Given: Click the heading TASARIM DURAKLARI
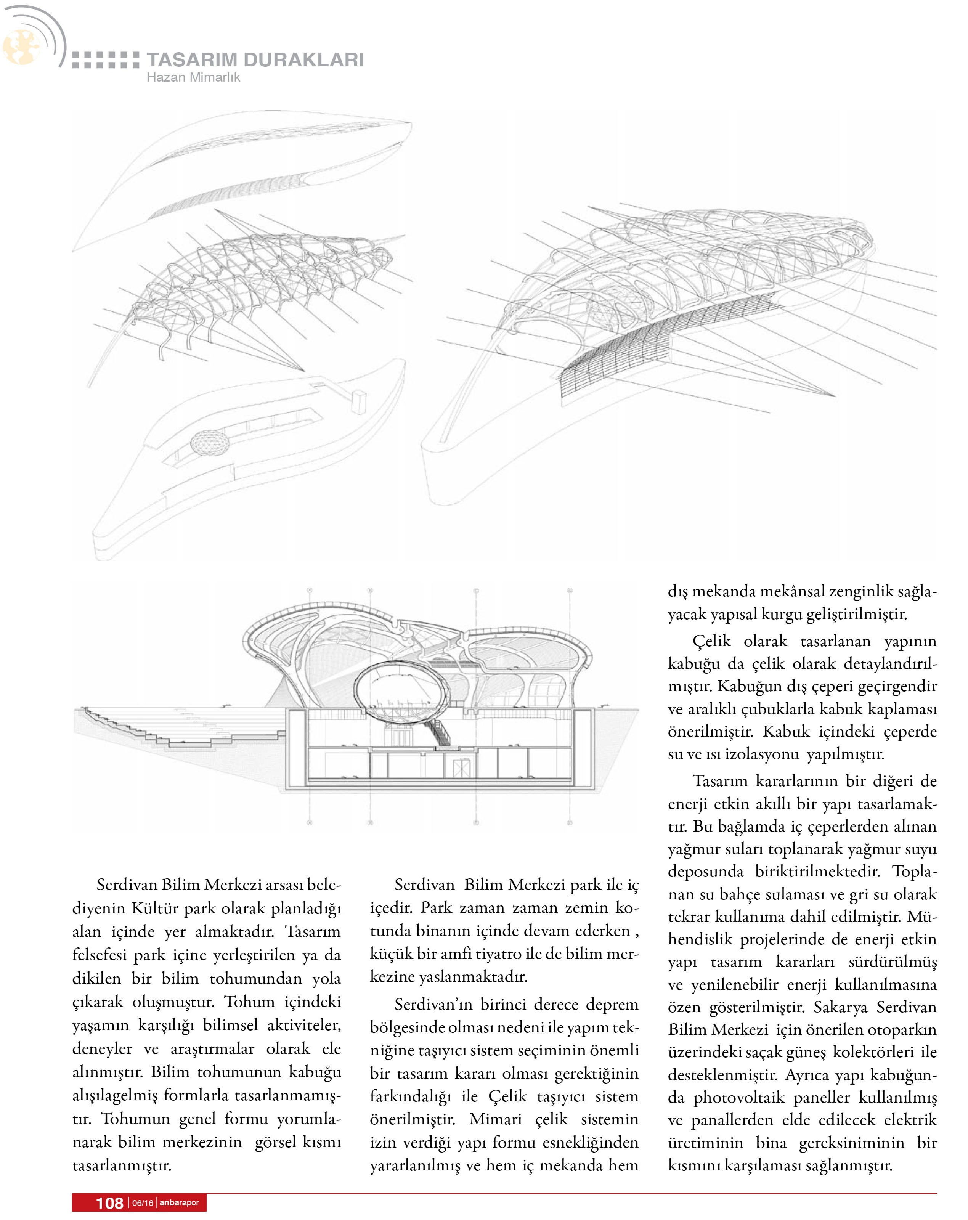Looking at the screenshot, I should [x=255, y=59].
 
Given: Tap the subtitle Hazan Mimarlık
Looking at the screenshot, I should [x=193, y=77].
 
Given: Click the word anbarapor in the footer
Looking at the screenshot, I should [x=179, y=1202].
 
